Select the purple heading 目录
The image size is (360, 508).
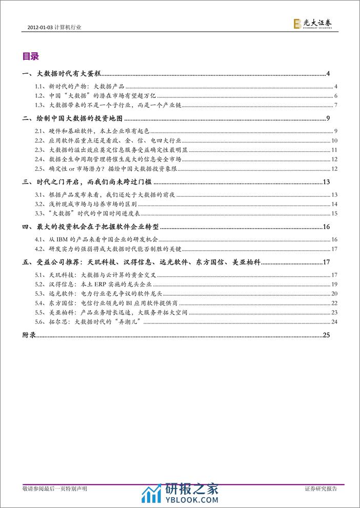pyautogui.click(x=31, y=56)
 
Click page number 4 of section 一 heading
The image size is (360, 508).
pyautogui.click(x=328, y=75)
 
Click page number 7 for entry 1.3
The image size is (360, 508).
pyautogui.click(x=334, y=106)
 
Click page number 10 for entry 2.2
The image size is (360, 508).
pyautogui.click(x=333, y=140)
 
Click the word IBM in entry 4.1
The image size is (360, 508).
pyautogui.click(x=66, y=239)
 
